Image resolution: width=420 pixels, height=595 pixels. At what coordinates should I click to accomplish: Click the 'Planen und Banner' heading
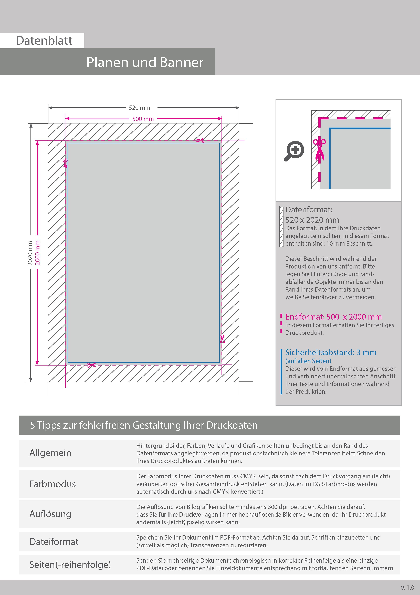pos(145,62)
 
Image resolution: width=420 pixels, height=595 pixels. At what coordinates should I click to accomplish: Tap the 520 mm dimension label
pos(140,108)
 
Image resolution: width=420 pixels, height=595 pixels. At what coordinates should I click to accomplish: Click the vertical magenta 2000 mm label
pos(38,253)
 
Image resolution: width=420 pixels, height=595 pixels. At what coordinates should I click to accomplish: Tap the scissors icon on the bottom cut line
pos(91,365)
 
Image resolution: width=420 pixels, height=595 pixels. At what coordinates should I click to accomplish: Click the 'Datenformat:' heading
pos(309,209)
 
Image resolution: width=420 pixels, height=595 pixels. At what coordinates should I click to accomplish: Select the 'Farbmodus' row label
pos(52,484)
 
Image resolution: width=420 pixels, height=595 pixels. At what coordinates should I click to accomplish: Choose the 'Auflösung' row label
pos(50,514)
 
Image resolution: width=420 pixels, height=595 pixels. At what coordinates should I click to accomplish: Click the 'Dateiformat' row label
pos(54,542)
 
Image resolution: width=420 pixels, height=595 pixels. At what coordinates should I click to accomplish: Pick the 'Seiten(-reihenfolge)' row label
pos(70,564)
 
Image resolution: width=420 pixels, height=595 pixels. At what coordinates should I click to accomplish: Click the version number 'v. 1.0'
pos(408,588)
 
